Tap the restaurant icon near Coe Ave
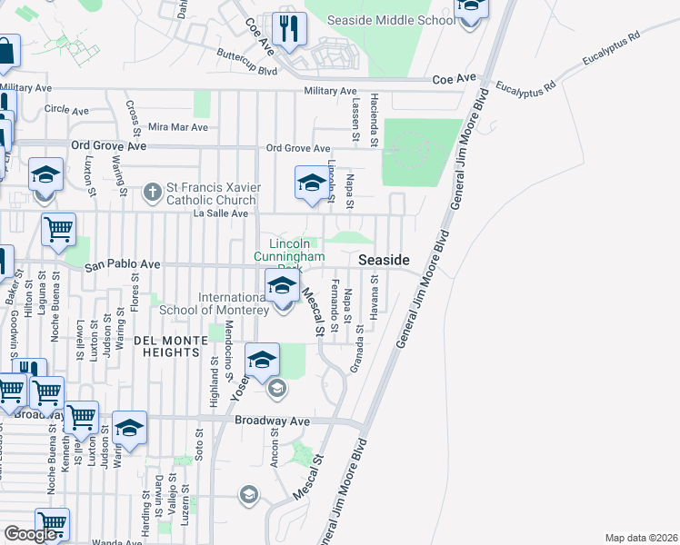(289, 29)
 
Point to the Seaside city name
(384, 260)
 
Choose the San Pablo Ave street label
(123, 265)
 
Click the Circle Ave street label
(65, 109)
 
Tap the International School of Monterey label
(234, 303)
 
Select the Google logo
(32, 534)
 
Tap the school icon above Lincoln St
(311, 183)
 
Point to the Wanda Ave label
(122, 542)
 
